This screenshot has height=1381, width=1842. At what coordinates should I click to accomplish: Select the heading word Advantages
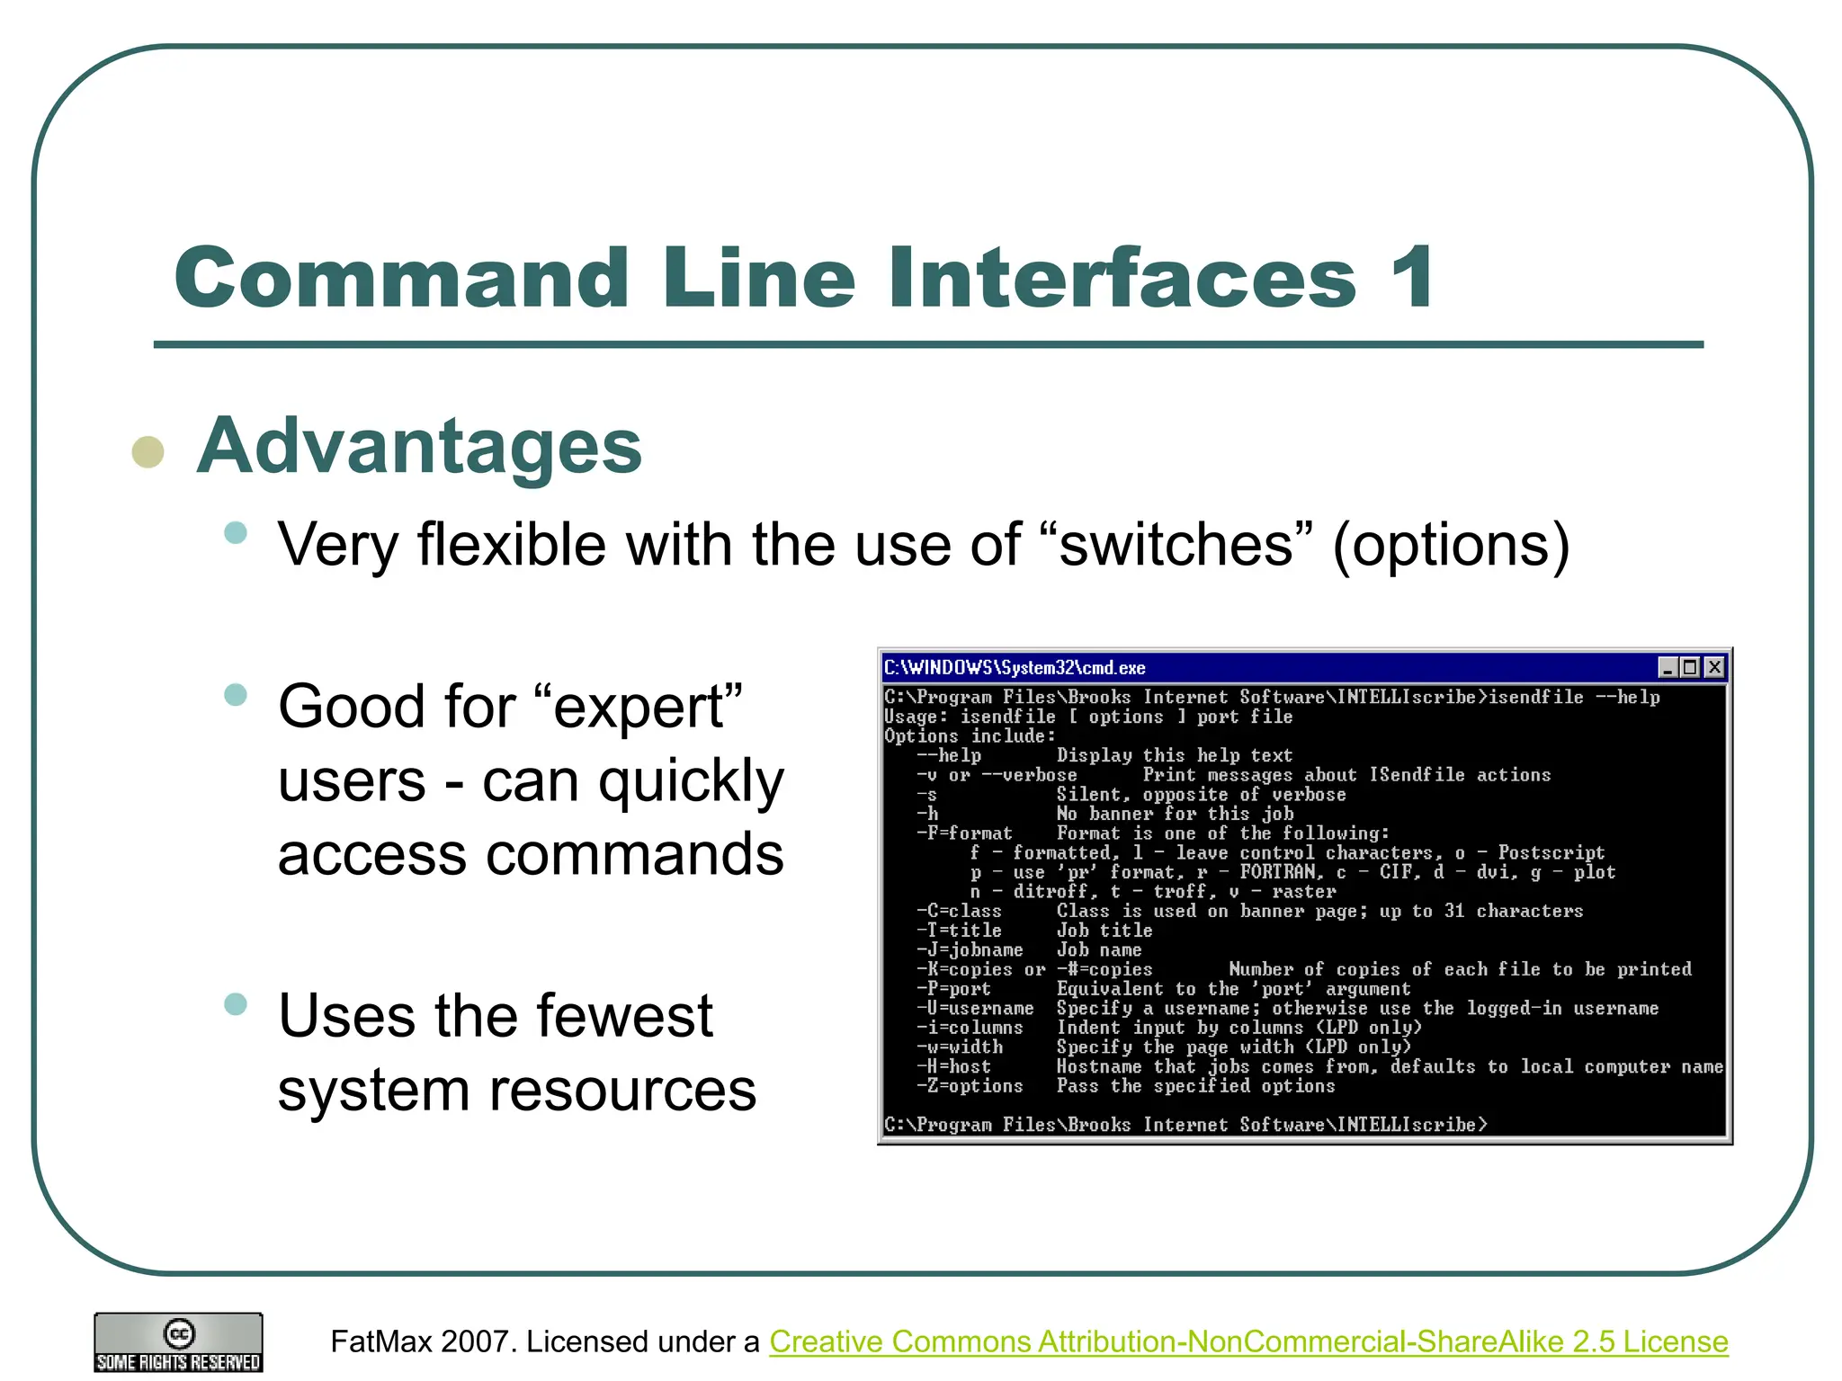[419, 446]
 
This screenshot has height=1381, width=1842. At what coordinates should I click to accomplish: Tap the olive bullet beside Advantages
[148, 451]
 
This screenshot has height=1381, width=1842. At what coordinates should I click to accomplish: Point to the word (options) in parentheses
[1451, 546]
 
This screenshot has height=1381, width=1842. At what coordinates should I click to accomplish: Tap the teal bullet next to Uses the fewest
[236, 1004]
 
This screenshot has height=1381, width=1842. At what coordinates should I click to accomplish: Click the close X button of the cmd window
[1714, 667]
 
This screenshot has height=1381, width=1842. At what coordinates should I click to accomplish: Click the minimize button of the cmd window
[1668, 667]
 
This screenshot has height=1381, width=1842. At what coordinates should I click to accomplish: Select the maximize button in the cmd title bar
[1691, 667]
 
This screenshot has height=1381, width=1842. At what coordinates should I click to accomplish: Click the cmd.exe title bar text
[1015, 667]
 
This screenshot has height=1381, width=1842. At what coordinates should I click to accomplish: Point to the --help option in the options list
[949, 755]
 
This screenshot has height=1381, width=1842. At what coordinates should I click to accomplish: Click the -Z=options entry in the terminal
[970, 1086]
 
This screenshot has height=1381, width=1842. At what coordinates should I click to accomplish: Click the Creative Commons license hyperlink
[1248, 1341]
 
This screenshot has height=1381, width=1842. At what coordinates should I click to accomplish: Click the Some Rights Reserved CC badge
[178, 1342]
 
